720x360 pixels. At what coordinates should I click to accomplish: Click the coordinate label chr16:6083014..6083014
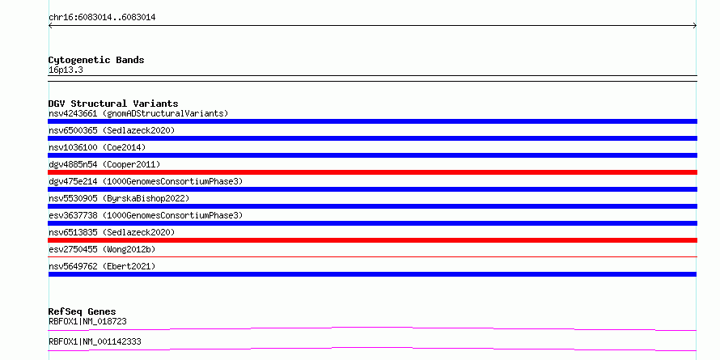tap(102, 18)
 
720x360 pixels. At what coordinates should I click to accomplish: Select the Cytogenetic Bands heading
tap(96, 60)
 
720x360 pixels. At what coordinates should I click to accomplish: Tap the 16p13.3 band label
tap(66, 70)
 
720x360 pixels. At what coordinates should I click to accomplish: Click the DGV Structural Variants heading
tap(113, 104)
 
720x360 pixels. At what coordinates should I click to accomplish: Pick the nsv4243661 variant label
tap(138, 113)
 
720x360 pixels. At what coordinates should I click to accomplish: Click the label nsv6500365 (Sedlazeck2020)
tap(112, 130)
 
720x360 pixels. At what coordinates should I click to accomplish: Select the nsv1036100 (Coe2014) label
tap(97, 147)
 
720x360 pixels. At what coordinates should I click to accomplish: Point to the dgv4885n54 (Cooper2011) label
tap(104, 164)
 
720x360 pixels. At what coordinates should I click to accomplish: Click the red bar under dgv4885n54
tap(372, 172)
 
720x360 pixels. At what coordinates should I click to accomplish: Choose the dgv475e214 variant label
tap(146, 181)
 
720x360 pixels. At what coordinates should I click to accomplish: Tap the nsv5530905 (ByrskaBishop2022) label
tap(119, 198)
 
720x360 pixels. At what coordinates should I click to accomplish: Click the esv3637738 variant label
tap(146, 215)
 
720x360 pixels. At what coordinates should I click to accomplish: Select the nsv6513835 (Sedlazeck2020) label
tap(112, 232)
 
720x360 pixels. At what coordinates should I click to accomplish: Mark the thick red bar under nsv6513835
tap(372, 240)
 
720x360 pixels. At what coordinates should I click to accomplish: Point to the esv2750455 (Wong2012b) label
tap(102, 249)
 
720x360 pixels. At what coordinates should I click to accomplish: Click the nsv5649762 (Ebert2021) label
tap(102, 266)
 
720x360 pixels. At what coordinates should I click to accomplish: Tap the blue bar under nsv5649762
tap(372, 274)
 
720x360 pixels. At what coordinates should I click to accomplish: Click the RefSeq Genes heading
tap(83, 311)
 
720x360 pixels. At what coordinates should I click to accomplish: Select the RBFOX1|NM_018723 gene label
tap(87, 321)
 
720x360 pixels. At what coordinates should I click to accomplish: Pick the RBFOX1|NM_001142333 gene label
tap(95, 341)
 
